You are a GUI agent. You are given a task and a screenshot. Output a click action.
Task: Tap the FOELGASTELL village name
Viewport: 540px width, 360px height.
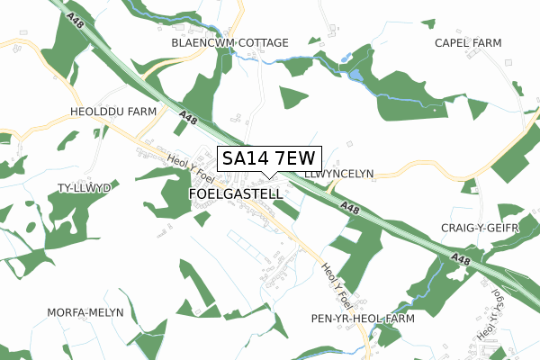click(237, 193)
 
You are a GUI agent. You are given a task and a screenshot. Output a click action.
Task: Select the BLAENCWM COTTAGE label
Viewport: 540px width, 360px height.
click(230, 42)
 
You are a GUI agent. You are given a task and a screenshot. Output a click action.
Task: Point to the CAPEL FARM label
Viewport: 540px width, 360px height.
click(467, 42)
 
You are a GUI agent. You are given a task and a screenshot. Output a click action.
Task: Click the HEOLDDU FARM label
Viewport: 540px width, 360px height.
click(113, 112)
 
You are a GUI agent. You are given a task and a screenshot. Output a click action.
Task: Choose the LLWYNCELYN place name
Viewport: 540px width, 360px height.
click(338, 173)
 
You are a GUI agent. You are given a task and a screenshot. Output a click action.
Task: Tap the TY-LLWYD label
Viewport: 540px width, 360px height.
click(83, 188)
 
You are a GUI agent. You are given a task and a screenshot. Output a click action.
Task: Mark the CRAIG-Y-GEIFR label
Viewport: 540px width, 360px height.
click(481, 229)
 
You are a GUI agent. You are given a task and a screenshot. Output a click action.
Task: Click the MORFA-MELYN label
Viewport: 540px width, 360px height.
click(85, 312)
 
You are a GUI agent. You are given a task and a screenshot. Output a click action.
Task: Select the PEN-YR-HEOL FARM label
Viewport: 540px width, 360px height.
click(361, 319)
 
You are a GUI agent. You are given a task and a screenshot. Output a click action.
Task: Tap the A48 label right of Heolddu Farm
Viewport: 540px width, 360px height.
click(187, 117)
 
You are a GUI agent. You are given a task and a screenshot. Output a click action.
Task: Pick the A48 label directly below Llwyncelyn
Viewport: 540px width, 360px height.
click(351, 208)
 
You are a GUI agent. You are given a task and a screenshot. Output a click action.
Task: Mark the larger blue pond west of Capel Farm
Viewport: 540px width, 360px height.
click(356, 75)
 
